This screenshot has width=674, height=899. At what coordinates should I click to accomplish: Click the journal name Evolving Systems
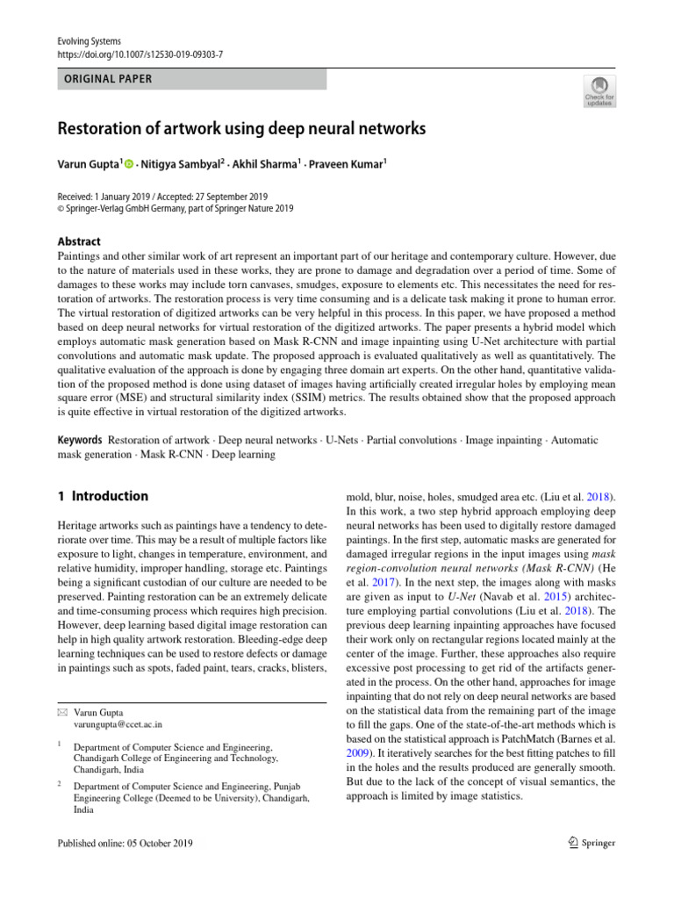[89, 41]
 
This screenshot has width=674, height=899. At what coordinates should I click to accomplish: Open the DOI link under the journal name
[140, 54]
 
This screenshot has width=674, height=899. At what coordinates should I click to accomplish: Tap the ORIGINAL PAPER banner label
[105, 79]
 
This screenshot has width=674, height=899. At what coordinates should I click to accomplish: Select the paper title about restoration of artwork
[241, 129]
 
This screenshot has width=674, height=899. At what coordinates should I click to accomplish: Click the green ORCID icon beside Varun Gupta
[129, 164]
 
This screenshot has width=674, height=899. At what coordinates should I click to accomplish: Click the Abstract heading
[79, 241]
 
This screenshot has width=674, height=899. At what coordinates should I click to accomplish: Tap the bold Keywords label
[79, 439]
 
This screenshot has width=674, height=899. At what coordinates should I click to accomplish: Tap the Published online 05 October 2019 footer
[125, 843]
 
